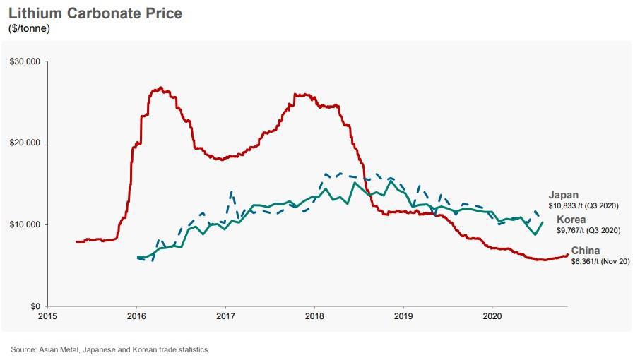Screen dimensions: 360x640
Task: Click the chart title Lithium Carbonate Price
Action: tap(95, 13)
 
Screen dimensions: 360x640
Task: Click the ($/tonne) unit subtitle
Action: tap(29, 29)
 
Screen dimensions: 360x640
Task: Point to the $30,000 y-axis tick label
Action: tap(25, 62)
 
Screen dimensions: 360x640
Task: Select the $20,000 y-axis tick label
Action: tap(25, 143)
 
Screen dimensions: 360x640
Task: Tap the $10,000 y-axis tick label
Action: tap(25, 225)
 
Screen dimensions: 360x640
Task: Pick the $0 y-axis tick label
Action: tap(32, 306)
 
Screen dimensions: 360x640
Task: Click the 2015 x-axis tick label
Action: tap(48, 317)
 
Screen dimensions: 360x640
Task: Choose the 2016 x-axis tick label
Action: tap(136, 317)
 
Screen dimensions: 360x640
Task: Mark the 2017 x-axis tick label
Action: tap(225, 317)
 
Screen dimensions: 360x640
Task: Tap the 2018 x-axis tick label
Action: tap(314, 317)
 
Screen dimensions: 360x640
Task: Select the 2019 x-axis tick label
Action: tap(402, 317)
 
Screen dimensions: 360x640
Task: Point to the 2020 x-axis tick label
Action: tap(491, 317)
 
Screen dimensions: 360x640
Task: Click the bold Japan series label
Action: tap(563, 195)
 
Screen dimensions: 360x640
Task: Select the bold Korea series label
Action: tap(571, 220)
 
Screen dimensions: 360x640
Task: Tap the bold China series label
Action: tap(586, 251)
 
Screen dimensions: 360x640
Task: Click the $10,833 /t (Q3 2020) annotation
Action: tap(583, 205)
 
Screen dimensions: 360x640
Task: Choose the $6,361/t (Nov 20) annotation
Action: tap(600, 261)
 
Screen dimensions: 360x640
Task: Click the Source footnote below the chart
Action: tap(109, 349)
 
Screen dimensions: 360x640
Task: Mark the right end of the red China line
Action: tap(567, 255)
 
